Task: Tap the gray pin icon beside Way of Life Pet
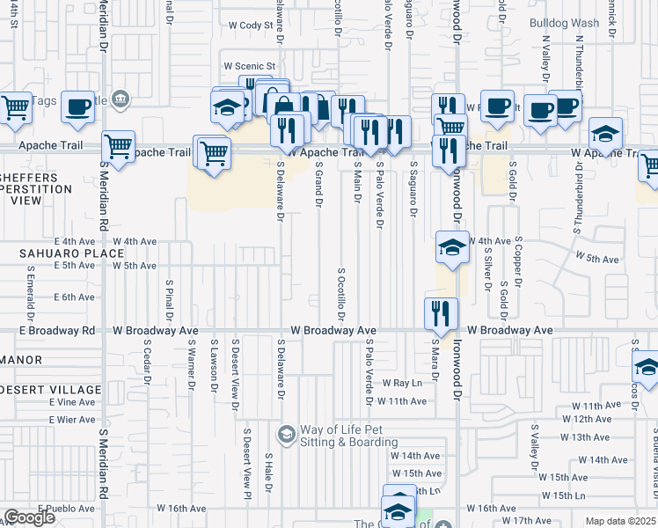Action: (x=286, y=434)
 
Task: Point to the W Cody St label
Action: (x=251, y=26)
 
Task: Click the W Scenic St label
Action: (x=250, y=66)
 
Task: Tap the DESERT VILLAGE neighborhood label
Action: (x=51, y=390)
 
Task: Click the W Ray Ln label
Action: (x=402, y=384)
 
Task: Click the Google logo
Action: (x=28, y=517)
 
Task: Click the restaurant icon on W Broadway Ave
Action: (x=441, y=312)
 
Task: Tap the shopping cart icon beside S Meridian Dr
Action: (x=117, y=146)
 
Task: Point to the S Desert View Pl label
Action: (x=248, y=458)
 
